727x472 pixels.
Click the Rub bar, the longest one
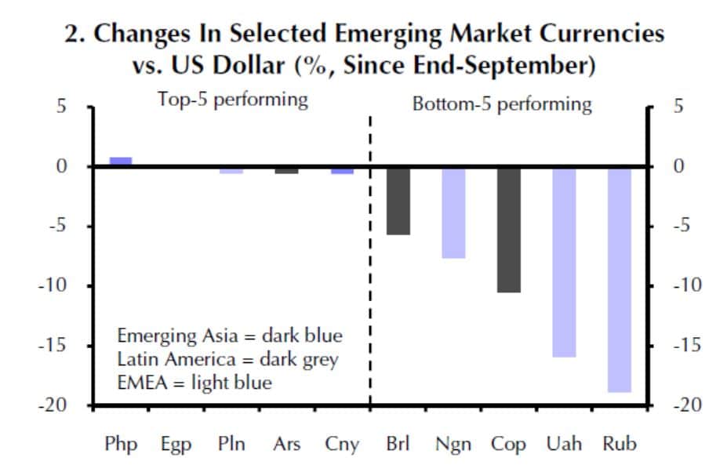pos(619,278)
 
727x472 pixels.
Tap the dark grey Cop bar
pos(509,229)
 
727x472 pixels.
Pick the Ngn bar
pos(453,212)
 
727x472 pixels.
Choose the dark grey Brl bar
pos(398,200)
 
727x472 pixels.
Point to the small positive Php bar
pos(121,161)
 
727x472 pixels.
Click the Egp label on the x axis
pos(176,444)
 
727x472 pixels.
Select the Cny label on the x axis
pos(342,444)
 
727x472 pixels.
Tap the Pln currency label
pos(231,444)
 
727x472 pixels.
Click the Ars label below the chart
pos(286,444)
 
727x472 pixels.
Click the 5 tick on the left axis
pos(60,106)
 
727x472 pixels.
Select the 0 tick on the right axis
pos(679,166)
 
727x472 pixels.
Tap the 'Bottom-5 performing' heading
pos(503,104)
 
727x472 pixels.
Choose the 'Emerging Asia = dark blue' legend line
pos(230,336)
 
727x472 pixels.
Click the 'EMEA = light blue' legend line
pos(194,383)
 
